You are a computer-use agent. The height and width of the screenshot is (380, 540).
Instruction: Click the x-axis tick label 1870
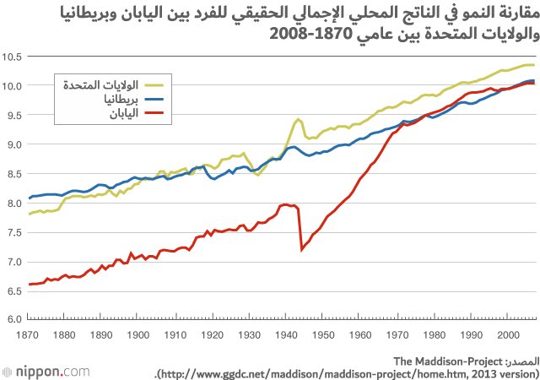[x=29, y=335]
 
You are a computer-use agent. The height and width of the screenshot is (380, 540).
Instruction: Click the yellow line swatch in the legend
[x=154, y=84]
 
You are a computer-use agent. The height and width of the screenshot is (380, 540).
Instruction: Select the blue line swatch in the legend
[x=154, y=98]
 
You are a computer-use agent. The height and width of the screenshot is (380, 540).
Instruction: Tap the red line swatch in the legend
[x=154, y=112]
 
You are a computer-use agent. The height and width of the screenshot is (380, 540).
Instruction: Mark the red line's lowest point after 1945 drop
[x=302, y=249]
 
